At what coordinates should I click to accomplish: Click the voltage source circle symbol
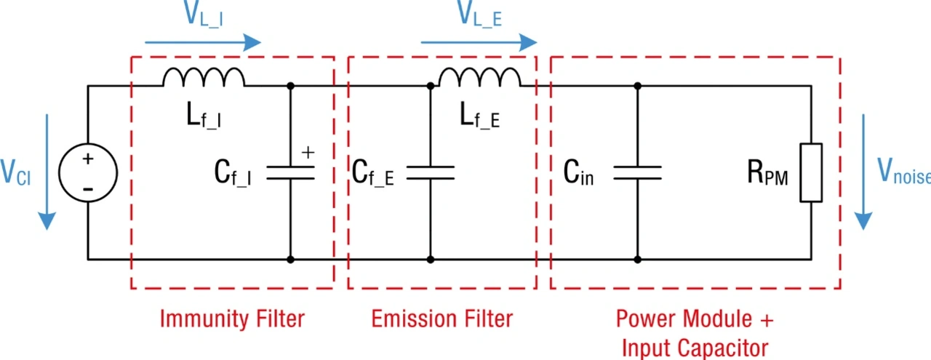tap(88, 172)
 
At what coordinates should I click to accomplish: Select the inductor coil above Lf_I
tap(204, 77)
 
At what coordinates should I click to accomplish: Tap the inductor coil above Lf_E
tap(479, 77)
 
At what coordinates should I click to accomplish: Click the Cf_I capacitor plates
tap(290, 172)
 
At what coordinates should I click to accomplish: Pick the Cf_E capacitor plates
tap(430, 172)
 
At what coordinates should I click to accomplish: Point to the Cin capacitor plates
tap(637, 172)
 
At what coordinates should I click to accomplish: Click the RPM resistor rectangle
tap(811, 172)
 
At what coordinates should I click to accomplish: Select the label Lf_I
tap(203, 116)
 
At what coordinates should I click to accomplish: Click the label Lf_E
tap(479, 116)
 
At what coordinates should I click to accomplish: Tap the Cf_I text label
tap(233, 172)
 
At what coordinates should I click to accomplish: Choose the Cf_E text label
tap(372, 172)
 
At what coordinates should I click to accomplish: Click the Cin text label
tap(578, 172)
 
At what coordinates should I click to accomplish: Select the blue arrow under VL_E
tap(479, 42)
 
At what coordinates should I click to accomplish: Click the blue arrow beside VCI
tap(47, 172)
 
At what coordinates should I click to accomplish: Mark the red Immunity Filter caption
tap(232, 319)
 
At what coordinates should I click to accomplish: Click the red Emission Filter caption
tap(442, 319)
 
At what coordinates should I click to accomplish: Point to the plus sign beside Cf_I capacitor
tap(308, 152)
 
